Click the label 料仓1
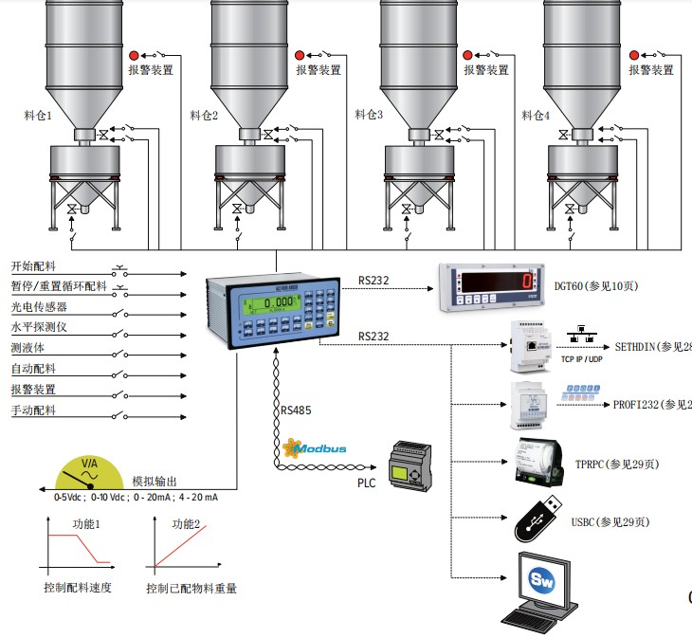37,116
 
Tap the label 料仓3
369,115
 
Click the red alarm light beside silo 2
300,56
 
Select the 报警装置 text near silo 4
651,70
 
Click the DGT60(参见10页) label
603,284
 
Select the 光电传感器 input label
39,307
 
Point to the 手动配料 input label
33,410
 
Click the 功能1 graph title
86,523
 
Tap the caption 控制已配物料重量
191,589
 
